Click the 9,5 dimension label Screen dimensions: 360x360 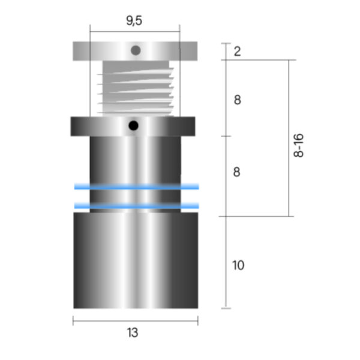click(x=134, y=20)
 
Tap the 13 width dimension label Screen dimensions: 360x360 click(x=133, y=332)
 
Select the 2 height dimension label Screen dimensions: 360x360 click(x=238, y=51)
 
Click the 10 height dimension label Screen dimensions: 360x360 click(x=238, y=265)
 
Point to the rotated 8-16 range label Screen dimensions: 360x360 click(x=298, y=145)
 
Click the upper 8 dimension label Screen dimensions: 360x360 click(x=238, y=100)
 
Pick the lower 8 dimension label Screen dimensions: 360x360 click(x=237, y=172)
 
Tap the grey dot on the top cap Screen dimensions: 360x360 click(x=136, y=50)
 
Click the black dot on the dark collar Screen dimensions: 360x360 click(x=133, y=125)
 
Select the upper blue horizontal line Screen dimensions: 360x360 click(x=137, y=187)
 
